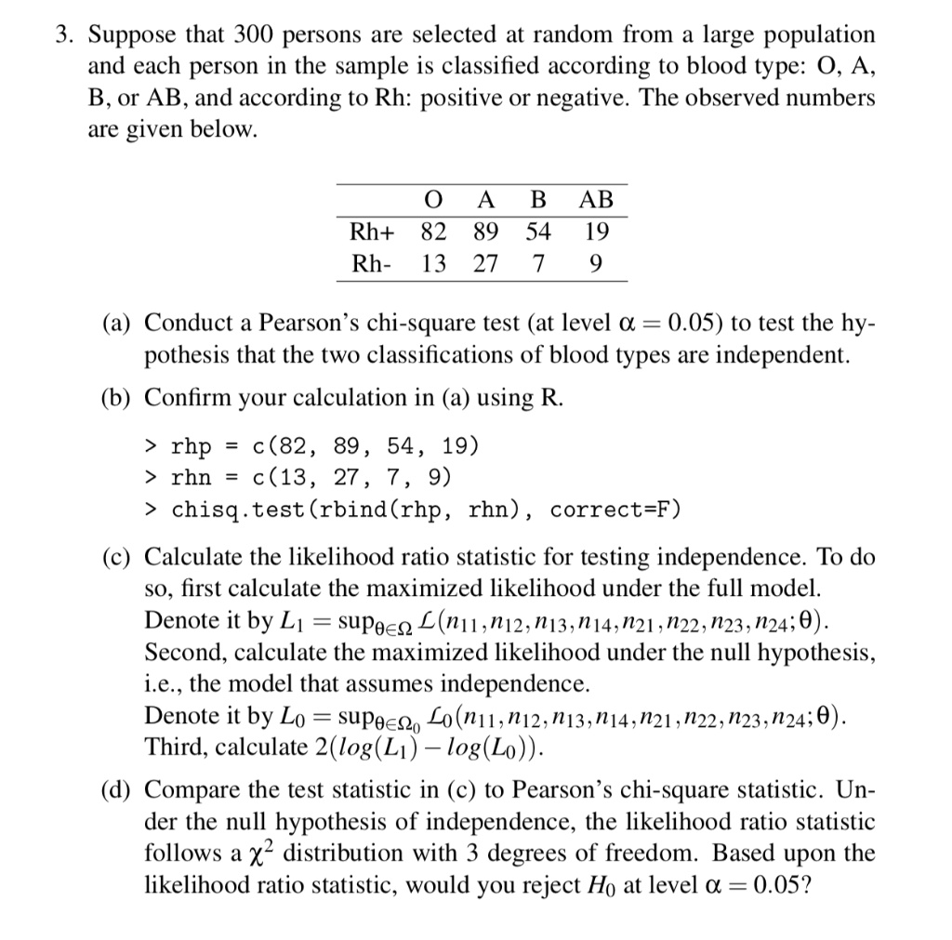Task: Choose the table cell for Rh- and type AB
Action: click(595, 264)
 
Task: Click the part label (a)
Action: click(117, 323)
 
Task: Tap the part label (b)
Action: click(117, 399)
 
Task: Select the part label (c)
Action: click(117, 558)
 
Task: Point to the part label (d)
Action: click(117, 791)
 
